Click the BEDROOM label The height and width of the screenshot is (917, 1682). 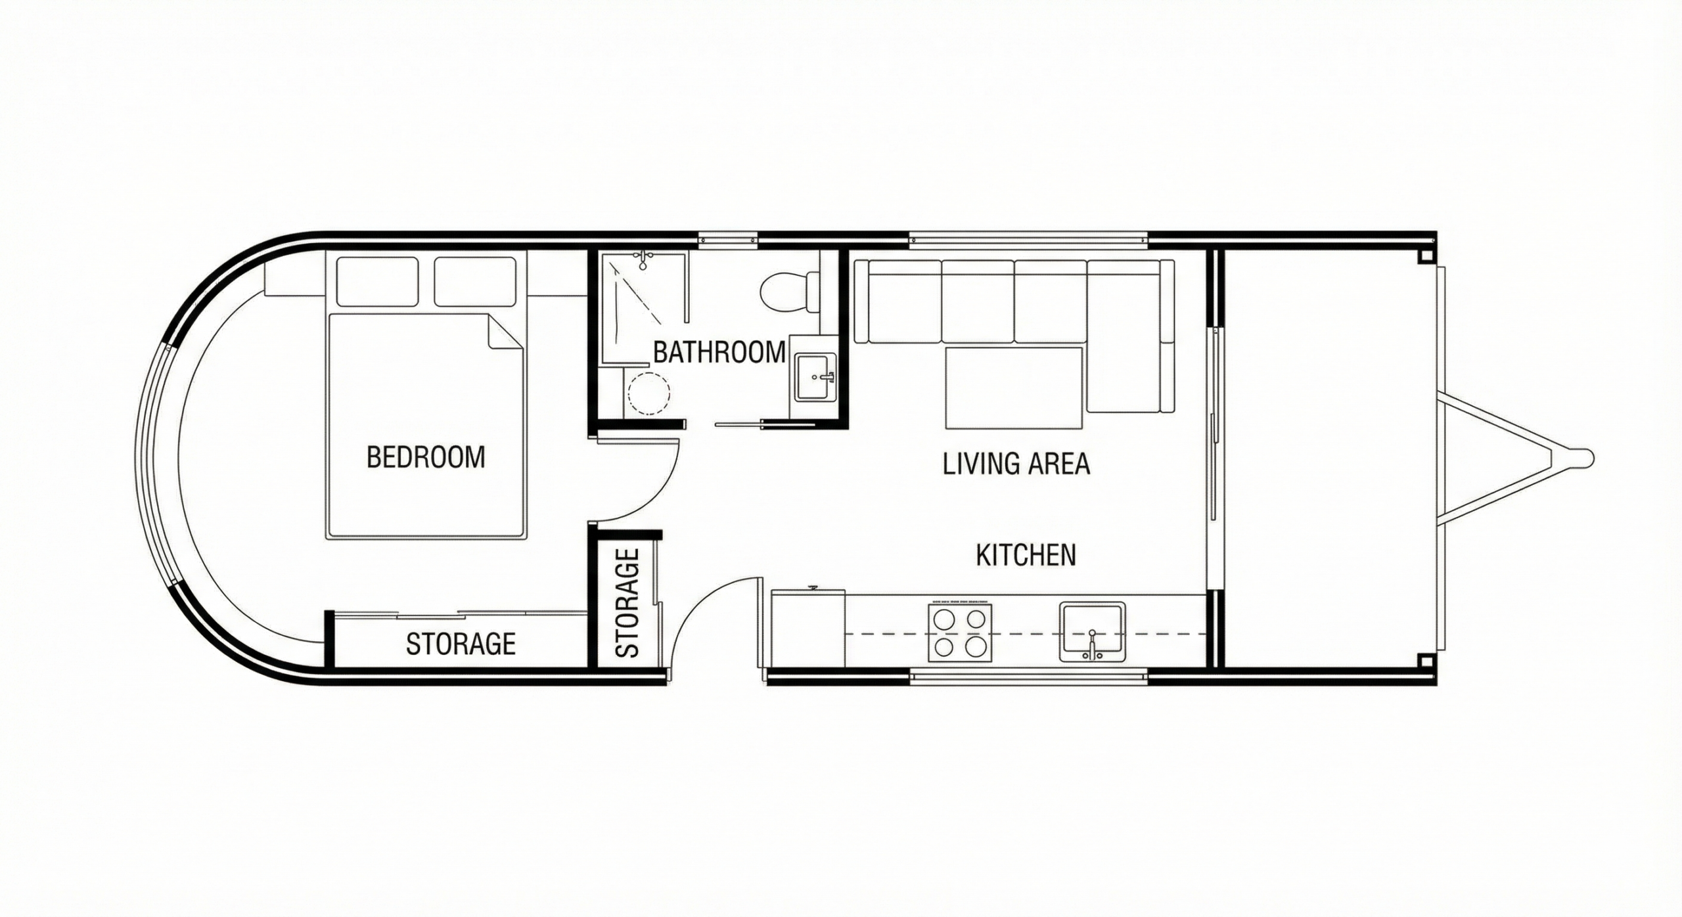(x=426, y=457)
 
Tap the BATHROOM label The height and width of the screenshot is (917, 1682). (x=719, y=353)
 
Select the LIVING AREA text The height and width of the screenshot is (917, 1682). (x=1016, y=464)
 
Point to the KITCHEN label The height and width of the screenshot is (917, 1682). (x=1026, y=555)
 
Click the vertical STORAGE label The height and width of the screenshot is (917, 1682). (x=628, y=603)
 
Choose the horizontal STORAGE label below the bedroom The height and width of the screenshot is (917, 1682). (x=461, y=644)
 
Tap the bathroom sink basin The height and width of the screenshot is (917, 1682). (x=815, y=377)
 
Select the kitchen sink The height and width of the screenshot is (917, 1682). (x=1092, y=632)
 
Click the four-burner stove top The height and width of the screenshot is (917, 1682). (x=961, y=632)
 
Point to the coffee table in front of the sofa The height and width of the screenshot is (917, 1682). (x=1014, y=388)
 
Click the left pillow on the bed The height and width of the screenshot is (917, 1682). (x=377, y=282)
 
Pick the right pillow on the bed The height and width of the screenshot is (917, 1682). (x=475, y=282)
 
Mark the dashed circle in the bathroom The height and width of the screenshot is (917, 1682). (x=648, y=393)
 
